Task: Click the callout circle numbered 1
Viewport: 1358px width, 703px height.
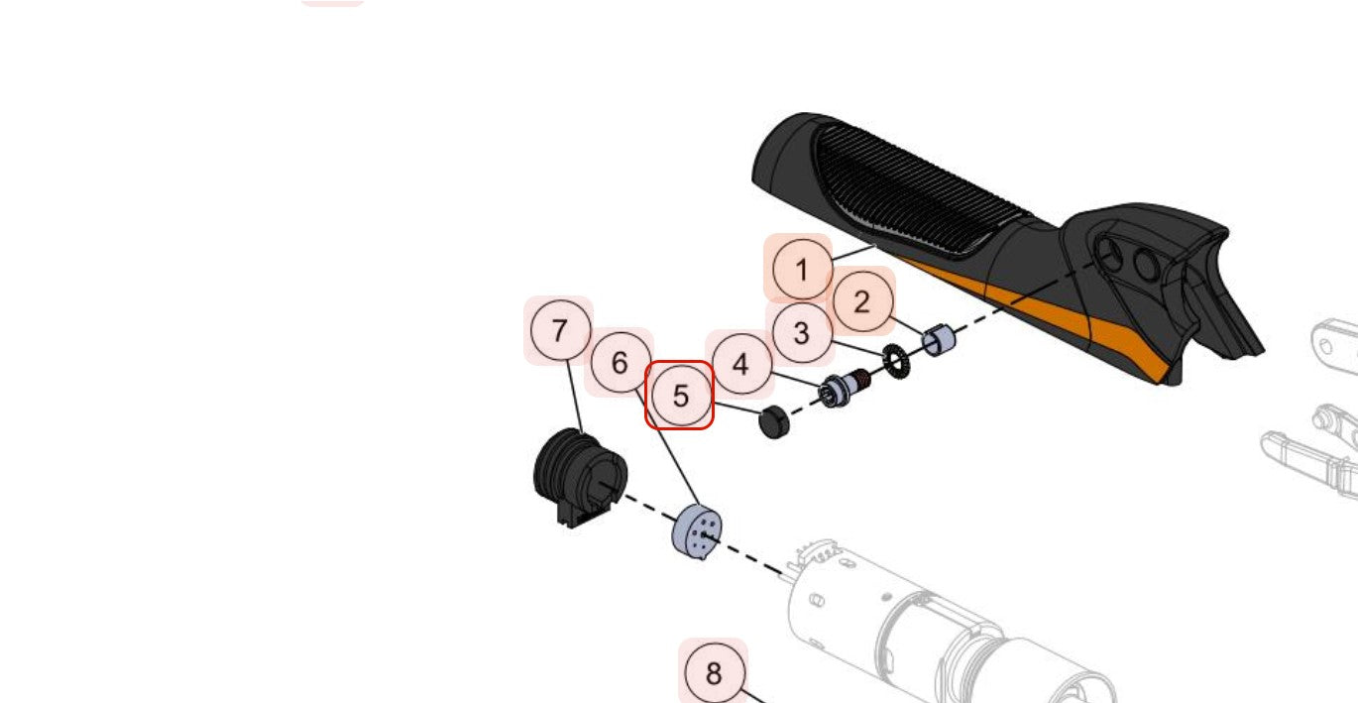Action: point(802,270)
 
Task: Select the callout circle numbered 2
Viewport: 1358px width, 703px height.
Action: point(862,301)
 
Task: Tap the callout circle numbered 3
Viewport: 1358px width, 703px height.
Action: point(802,333)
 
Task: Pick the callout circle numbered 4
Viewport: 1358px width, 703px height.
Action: point(740,364)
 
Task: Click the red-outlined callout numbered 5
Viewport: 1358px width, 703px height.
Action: point(680,396)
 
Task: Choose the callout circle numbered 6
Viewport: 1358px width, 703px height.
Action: point(620,363)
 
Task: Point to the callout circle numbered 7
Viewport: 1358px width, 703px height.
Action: point(560,330)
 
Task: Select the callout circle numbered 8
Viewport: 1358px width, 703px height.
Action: point(714,673)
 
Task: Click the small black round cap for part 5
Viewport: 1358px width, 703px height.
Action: point(774,421)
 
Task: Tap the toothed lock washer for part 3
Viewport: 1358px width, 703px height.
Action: point(897,362)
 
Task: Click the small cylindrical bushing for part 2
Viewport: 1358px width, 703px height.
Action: point(939,340)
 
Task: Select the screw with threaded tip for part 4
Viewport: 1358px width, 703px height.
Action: point(844,389)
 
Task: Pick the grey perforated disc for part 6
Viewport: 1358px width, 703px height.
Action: point(697,532)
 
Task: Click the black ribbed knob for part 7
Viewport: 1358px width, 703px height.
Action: point(579,477)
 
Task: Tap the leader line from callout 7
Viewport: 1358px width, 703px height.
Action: point(575,397)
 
